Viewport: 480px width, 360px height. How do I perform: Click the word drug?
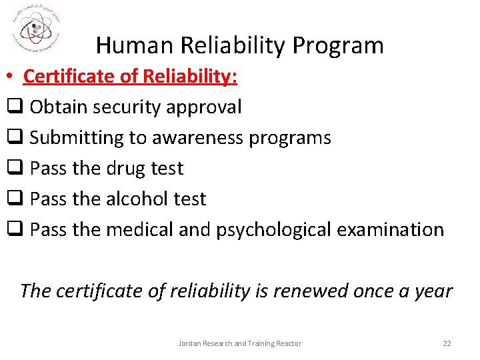click(x=128, y=169)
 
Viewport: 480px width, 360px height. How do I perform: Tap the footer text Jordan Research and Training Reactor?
click(x=240, y=343)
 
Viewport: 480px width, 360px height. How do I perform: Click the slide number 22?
click(x=447, y=343)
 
